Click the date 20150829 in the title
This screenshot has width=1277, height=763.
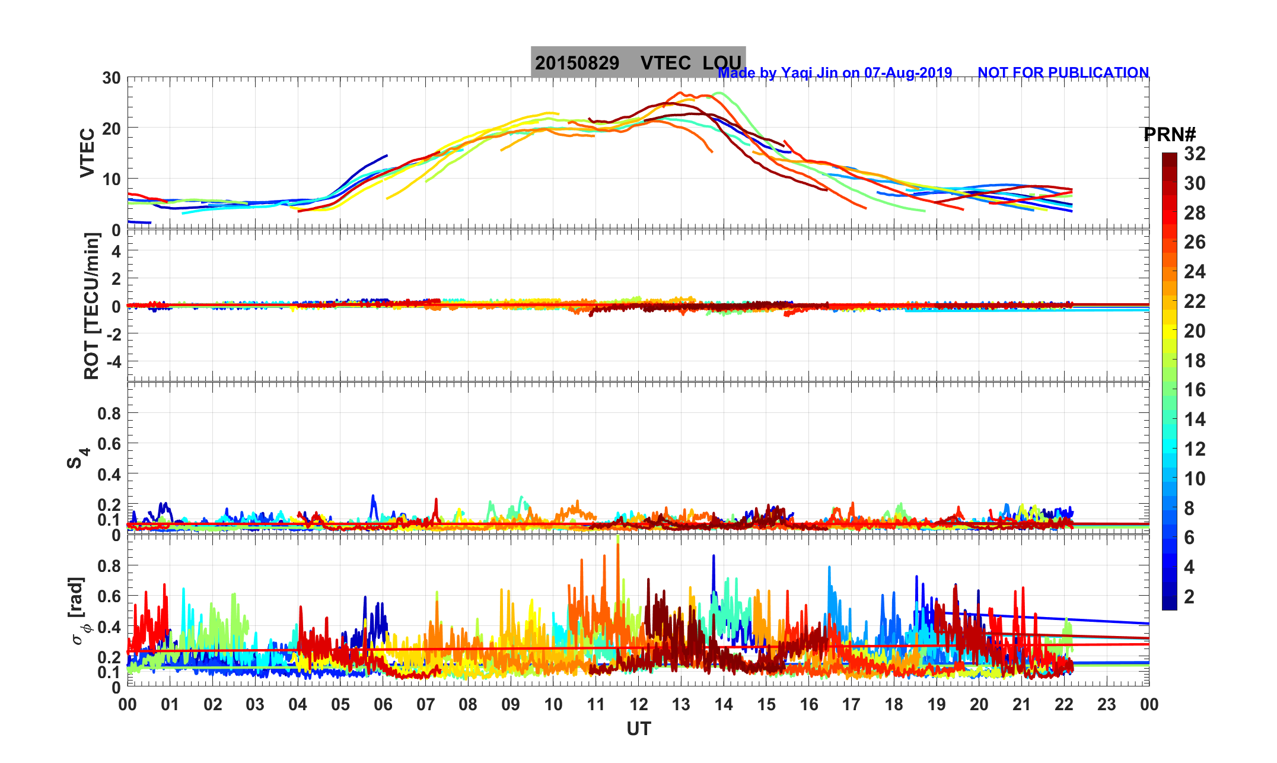pos(577,63)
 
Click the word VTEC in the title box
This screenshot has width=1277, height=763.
pos(665,63)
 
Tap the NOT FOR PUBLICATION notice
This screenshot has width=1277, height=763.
pos(1063,72)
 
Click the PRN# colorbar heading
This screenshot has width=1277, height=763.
pos(1169,135)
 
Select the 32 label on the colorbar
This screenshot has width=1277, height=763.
pos(1195,154)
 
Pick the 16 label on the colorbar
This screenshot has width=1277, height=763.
pos(1195,390)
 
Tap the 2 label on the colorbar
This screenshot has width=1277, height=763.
pos(1189,596)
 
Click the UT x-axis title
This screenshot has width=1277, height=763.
pos(638,729)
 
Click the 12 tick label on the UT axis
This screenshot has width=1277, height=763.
pos(638,704)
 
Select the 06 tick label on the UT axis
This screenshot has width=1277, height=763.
pos(383,704)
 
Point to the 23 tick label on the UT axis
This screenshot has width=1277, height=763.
pos(1107,704)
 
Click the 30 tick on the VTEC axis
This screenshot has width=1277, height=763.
pos(111,78)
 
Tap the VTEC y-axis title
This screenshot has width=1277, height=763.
pos(87,153)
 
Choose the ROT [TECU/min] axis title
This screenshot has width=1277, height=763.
pos(91,306)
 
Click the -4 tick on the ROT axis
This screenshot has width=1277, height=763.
pos(113,361)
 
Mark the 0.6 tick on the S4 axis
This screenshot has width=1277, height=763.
pos(109,444)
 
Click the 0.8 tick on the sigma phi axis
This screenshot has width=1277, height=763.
pos(109,566)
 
